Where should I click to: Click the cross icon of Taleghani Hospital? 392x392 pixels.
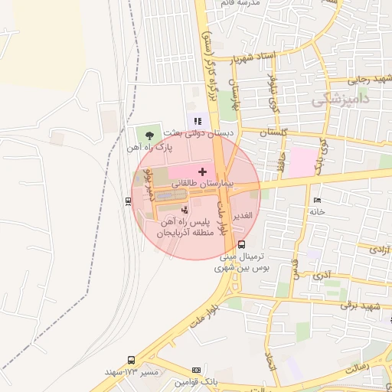202,171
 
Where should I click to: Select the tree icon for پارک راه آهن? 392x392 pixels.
150,134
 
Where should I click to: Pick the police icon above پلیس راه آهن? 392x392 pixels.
184,209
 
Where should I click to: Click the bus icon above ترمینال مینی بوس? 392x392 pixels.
242,245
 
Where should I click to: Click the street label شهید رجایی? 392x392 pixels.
370,79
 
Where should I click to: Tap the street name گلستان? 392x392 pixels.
275,133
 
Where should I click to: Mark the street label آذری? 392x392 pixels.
322,273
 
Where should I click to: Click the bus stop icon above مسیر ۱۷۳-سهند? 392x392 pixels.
131,359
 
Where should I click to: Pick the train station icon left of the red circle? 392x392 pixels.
127,201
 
